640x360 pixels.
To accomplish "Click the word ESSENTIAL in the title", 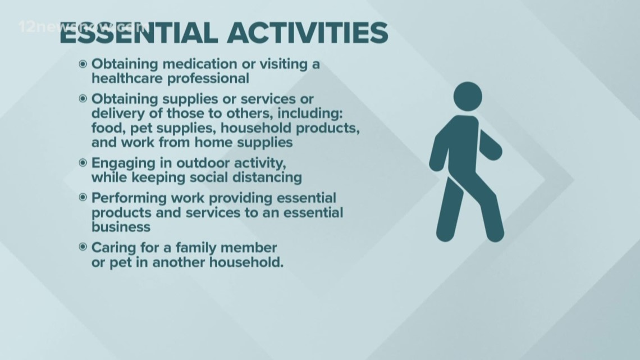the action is point(138,33).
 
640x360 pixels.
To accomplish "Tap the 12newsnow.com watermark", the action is point(84,28).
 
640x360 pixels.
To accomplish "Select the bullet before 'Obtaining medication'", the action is point(83,64).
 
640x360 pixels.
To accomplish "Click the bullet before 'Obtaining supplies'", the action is point(83,99).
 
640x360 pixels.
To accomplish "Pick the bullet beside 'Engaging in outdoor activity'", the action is point(83,163).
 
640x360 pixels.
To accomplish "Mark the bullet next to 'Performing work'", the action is point(83,198).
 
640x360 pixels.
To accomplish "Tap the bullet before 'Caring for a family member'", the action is point(83,247).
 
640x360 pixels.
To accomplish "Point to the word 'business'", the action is point(121,227).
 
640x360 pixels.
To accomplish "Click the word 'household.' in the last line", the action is point(246,262).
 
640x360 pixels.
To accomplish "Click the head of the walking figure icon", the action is point(468,97).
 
